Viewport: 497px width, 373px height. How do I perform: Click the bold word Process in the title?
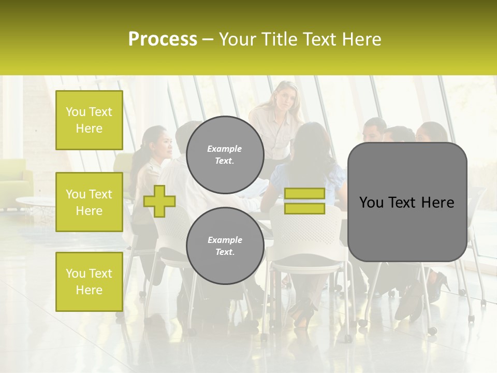[163, 39]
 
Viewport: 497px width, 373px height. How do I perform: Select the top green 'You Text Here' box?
[89, 120]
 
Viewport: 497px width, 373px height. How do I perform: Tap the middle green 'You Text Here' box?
[89, 202]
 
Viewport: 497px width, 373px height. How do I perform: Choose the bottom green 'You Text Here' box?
[89, 281]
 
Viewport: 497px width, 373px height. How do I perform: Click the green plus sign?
[159, 201]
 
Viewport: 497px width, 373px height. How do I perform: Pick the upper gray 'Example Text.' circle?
[225, 154]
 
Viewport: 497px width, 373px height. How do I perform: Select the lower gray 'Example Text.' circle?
[225, 246]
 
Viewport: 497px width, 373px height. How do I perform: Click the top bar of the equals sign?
[304, 194]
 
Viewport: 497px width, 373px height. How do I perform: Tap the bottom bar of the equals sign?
[304, 209]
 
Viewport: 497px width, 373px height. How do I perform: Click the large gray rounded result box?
[407, 202]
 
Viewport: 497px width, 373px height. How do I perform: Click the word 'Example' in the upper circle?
[225, 149]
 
